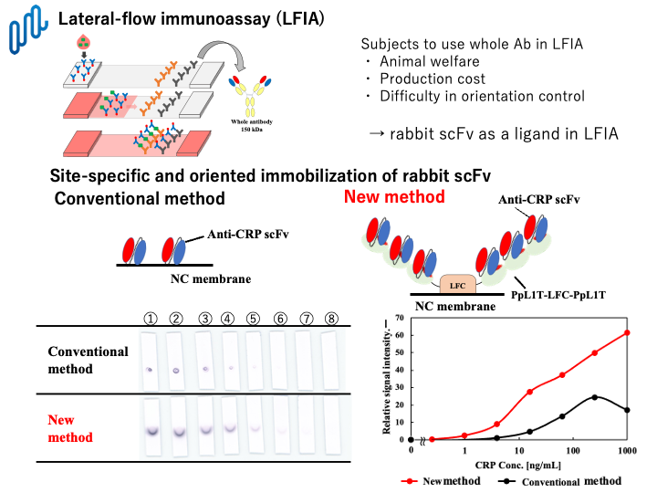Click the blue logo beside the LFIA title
[x=27, y=29]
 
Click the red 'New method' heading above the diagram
[x=394, y=196]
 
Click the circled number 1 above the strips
[x=150, y=319]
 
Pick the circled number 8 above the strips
[x=333, y=319]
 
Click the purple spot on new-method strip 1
[x=150, y=431]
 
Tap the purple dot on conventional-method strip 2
[x=175, y=370]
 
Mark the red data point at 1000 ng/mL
[x=627, y=332]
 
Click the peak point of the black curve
[x=595, y=396]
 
